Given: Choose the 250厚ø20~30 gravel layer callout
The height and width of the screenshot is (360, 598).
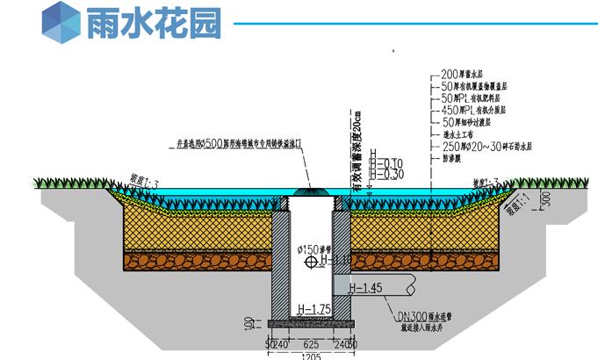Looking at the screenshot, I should pos(480,146).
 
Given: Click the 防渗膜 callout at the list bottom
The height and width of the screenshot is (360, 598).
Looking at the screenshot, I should pos(455,158).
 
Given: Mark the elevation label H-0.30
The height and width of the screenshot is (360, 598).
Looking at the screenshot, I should pos(386,174).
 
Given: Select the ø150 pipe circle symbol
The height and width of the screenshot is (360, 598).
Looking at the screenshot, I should pos(308,262).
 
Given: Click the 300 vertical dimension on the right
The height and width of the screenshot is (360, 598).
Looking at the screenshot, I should pos(545,201).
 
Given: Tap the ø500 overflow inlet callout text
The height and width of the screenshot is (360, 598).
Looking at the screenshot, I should pos(238,143).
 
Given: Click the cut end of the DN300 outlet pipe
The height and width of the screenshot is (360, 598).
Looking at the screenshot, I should pos(413,285).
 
